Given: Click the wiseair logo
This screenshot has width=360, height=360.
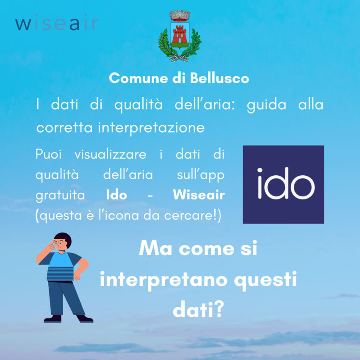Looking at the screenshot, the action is (57, 22).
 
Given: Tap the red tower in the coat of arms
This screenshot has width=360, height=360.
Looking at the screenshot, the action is (179, 34).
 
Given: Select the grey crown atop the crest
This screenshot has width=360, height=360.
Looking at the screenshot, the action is (180, 16).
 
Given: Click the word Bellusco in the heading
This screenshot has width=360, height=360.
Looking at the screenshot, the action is (219, 78).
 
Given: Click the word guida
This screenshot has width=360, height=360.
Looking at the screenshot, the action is (266, 105).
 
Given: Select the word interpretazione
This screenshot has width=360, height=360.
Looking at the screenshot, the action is (151, 128).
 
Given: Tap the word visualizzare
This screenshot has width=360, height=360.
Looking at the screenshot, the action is (111, 154).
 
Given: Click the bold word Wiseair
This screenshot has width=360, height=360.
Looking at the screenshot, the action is (199, 195).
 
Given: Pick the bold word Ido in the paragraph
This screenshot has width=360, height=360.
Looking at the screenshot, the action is (116, 195).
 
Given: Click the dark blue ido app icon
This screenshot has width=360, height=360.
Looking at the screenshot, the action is (283, 184).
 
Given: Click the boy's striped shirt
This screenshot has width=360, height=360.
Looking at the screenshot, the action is (61, 266).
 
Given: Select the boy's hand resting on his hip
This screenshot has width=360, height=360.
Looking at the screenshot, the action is (78, 277).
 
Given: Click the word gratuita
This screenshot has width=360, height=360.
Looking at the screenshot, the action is (60, 196).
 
